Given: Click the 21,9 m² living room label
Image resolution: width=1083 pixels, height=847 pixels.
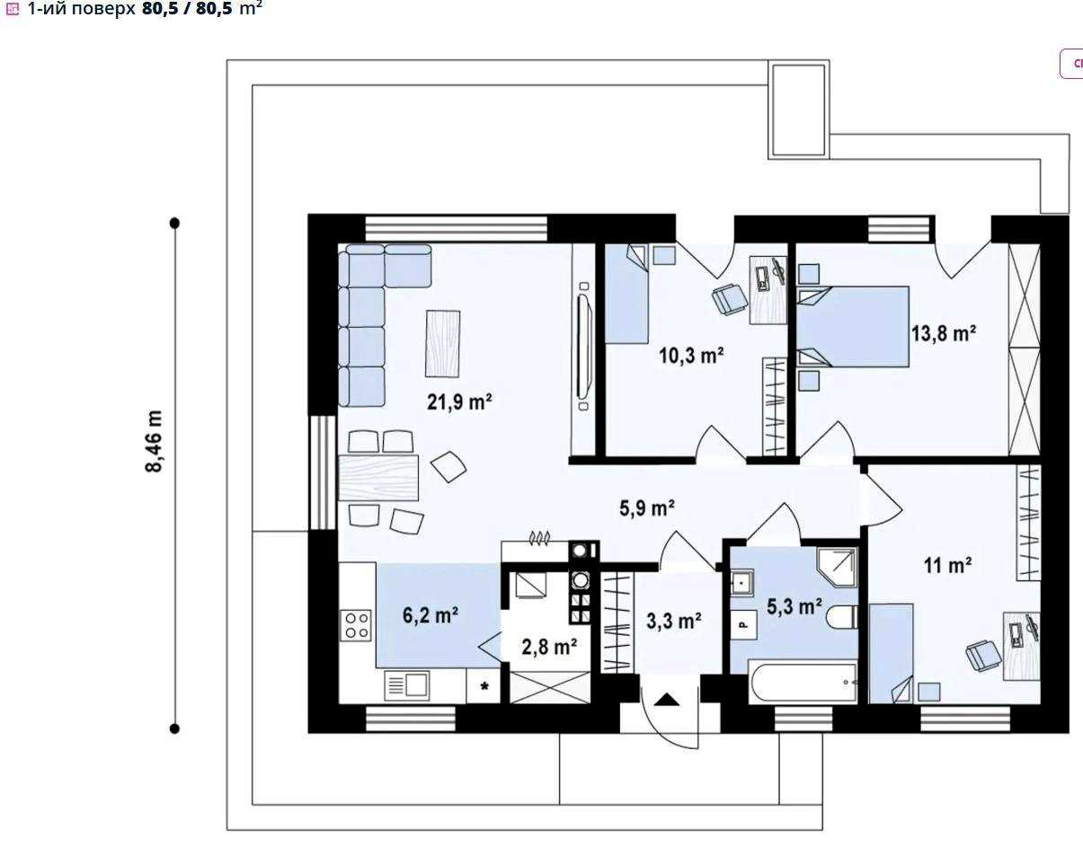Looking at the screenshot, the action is click(x=459, y=401).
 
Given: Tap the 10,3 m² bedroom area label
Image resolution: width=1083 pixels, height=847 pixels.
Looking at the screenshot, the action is click(x=691, y=356).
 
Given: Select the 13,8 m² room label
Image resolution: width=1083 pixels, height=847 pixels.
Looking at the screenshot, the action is click(x=944, y=333).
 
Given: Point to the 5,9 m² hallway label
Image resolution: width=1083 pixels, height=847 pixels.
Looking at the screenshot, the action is click(x=647, y=507).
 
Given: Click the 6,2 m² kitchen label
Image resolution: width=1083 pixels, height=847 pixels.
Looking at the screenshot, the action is click(x=431, y=615).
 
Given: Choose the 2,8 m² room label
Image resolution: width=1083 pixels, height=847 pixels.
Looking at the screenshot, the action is click(x=549, y=647).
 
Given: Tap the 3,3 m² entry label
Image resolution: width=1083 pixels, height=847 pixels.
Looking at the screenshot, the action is click(x=674, y=621).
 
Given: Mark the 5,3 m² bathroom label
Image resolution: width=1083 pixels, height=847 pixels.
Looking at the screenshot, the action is click(x=794, y=606).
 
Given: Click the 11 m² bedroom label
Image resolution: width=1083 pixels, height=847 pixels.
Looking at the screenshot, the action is click(x=947, y=566).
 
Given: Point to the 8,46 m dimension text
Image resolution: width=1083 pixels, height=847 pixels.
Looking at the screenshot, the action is click(x=154, y=441).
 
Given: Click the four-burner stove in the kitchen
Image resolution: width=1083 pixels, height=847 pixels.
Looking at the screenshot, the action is click(x=356, y=625).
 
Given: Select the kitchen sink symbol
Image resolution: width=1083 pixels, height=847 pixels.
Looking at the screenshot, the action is click(x=406, y=685).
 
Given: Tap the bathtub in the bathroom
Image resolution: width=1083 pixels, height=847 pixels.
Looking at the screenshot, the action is click(x=803, y=683).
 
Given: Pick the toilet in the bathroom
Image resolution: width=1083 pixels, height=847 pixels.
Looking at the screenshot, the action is click(x=842, y=616).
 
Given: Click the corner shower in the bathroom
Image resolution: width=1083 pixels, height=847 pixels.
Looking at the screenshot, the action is click(x=838, y=567).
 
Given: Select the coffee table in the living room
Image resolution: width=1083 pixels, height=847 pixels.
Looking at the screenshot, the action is click(x=442, y=344).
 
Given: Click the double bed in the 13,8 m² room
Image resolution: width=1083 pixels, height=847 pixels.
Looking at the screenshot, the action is click(x=853, y=327).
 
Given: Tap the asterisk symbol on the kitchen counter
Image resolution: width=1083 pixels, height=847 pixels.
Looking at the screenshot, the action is click(x=484, y=686).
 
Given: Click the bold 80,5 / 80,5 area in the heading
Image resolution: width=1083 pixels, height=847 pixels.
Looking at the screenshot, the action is click(x=187, y=8).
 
